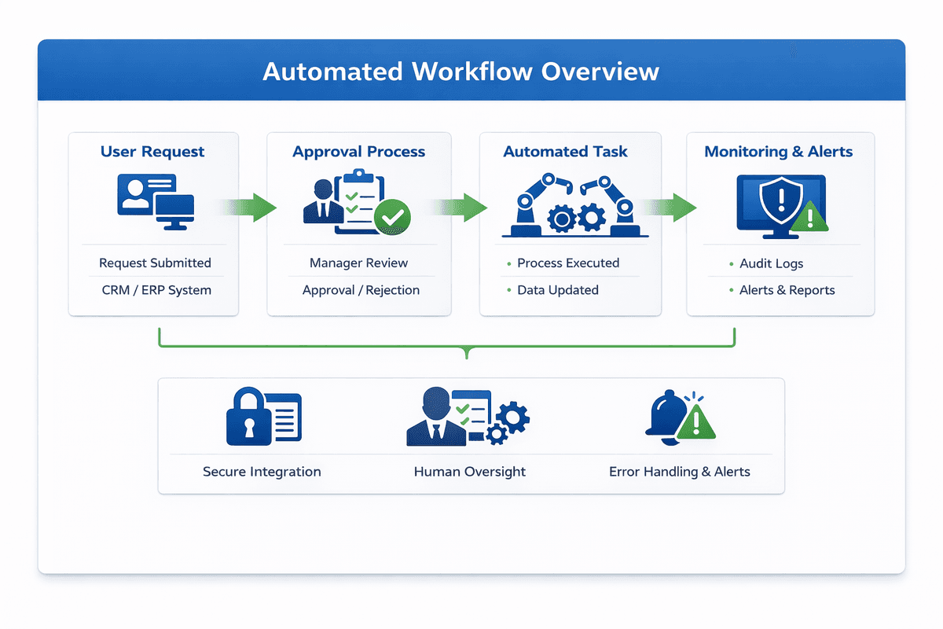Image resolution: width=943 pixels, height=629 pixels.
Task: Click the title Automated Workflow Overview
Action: tap(460, 72)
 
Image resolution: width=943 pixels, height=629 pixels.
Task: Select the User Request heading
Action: tap(152, 152)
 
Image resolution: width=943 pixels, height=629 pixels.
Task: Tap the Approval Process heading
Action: tap(359, 152)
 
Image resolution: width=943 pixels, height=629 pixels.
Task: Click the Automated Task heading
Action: tap(565, 152)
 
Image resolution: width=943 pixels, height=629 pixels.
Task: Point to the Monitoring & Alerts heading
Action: tap(778, 152)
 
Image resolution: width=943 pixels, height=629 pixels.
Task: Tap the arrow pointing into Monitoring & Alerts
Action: tap(672, 208)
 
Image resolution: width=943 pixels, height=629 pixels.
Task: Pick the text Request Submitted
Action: tap(155, 263)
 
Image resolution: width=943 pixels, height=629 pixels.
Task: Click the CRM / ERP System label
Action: tap(156, 290)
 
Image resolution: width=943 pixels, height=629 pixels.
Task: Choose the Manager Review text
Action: tap(359, 263)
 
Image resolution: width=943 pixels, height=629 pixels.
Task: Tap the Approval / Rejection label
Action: tap(361, 290)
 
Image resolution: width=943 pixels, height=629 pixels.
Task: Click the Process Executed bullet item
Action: tap(567, 263)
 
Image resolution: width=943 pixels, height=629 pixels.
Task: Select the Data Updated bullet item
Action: tap(557, 290)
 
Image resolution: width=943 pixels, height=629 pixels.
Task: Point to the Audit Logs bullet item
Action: tap(771, 263)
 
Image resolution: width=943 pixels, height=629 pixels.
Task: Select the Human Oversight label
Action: tap(469, 472)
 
